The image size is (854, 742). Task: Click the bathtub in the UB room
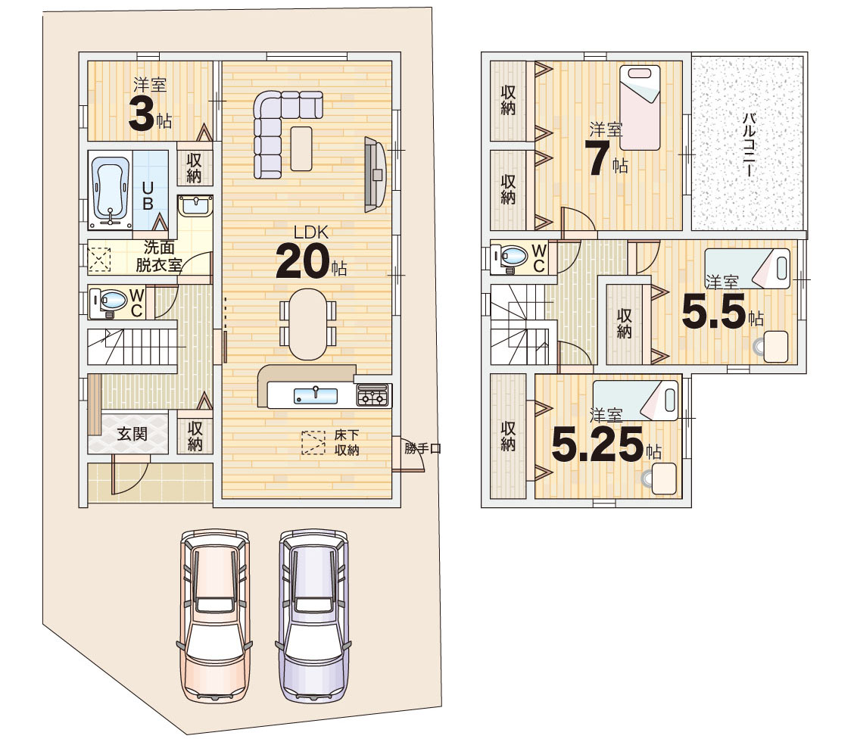point(111,192)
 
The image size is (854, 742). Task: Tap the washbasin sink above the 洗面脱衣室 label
point(195,206)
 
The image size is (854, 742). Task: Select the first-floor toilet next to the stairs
point(108,302)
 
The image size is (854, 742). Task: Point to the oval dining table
point(308,323)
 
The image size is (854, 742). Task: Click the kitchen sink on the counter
point(316,395)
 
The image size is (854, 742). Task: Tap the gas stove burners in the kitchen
point(374,395)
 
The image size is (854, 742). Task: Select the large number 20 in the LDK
point(303,261)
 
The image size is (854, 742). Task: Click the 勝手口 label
point(422,449)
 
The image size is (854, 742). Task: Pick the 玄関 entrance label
point(132,434)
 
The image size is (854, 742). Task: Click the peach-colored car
point(214,615)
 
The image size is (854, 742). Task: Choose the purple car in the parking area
point(313,615)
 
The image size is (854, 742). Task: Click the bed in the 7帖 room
point(640,108)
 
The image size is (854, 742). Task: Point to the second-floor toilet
point(509,257)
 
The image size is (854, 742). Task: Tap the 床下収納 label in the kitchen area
point(347,442)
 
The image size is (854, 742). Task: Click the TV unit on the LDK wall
point(376,174)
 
